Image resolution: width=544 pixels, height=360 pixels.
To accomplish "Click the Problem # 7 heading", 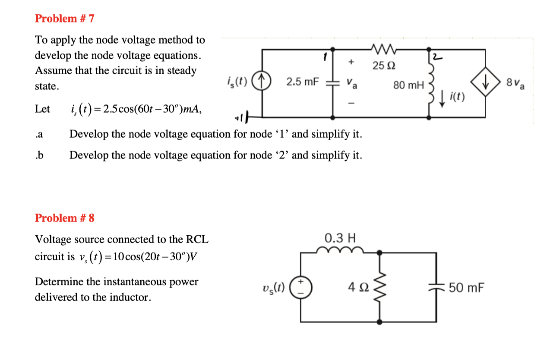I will (64, 19).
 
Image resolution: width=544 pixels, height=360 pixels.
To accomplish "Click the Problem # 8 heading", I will (64, 218).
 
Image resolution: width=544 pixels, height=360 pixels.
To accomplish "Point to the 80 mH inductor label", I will (408, 85).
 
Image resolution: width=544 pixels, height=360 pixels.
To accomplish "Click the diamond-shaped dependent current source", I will (487, 82).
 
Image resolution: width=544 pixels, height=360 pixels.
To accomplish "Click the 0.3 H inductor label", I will (340, 238).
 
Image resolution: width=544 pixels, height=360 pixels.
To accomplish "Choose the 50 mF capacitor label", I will (466, 287).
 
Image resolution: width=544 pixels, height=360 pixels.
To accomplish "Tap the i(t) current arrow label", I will (457, 97).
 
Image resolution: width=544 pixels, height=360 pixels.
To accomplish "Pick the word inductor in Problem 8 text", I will (130, 297).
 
